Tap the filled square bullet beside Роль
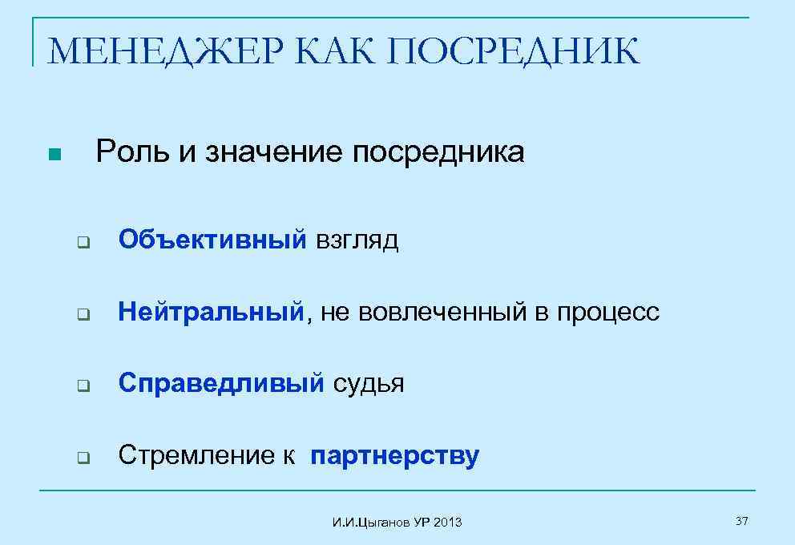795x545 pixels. pos(54,154)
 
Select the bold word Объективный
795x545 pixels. pos(212,239)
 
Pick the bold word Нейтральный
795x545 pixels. pos(212,311)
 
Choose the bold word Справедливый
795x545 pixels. pos(221,384)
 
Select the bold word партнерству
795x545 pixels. pos(395,457)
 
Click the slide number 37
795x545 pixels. pos(741,522)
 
